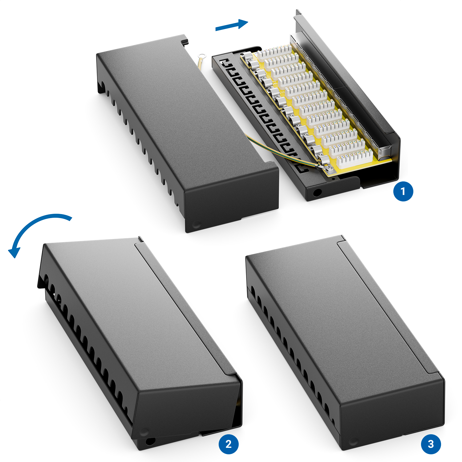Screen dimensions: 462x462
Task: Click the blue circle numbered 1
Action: click(403, 191)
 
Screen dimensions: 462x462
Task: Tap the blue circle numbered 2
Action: click(228, 444)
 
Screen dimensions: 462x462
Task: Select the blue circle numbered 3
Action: click(431, 444)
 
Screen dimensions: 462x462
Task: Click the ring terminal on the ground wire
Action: click(202, 57)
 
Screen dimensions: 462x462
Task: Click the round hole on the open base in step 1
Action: click(316, 193)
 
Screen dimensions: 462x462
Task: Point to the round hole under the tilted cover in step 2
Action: click(150, 441)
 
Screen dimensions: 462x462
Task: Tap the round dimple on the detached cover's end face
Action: click(196, 225)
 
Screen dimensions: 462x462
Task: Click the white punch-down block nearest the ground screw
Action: click(354, 158)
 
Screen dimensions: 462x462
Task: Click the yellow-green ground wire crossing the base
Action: click(282, 151)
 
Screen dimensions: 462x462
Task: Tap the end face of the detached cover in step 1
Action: click(232, 200)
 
